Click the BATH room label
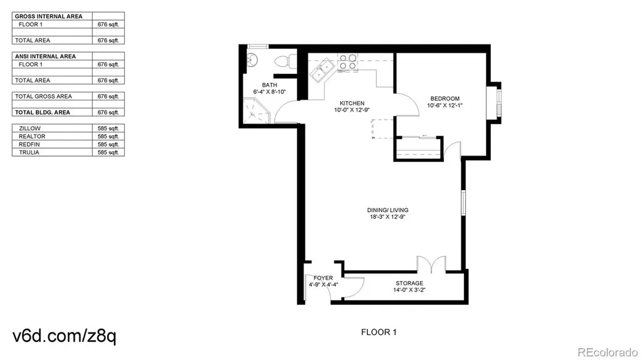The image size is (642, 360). click(270, 85)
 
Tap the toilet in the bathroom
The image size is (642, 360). click(286, 61)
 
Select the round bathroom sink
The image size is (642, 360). click(252, 60)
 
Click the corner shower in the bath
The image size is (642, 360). click(256, 110)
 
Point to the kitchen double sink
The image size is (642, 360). click(323, 71)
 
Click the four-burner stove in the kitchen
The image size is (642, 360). click(348, 62)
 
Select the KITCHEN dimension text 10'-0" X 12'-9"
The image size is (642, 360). click(352, 110)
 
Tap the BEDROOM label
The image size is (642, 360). click(445, 98)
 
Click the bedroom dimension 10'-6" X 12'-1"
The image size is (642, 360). click(445, 105)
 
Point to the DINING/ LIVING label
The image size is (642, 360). click(387, 210)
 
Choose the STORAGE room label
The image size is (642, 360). click(409, 283)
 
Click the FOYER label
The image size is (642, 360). click(323, 278)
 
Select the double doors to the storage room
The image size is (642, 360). click(431, 264)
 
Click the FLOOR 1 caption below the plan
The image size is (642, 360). click(379, 332)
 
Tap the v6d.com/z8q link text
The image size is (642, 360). click(65, 336)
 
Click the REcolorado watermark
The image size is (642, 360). click(608, 352)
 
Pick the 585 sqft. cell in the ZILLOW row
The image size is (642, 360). click(108, 128)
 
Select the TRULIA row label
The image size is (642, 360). click(29, 152)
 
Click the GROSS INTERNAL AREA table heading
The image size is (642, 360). click(49, 16)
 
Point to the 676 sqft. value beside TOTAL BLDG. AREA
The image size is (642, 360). click(108, 112)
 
